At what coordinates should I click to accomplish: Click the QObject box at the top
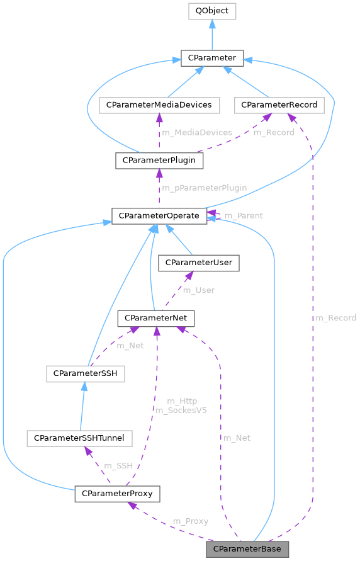tap(211, 11)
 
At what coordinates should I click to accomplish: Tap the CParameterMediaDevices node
tap(159, 105)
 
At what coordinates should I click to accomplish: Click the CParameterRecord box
tap(279, 105)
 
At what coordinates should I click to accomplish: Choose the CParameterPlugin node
tap(159, 160)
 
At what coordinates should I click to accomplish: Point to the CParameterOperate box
tap(159, 215)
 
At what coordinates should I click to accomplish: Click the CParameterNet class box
tap(156, 319)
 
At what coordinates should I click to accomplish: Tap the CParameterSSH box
tap(85, 374)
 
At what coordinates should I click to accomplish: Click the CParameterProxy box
tap(117, 493)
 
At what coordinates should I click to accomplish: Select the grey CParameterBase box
tap(247, 549)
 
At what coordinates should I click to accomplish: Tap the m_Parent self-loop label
tap(244, 215)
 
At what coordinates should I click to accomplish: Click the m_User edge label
tap(198, 290)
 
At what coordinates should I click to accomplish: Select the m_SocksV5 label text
tap(182, 409)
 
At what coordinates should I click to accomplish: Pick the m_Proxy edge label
tap(191, 521)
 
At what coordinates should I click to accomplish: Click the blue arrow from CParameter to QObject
tap(211, 35)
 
